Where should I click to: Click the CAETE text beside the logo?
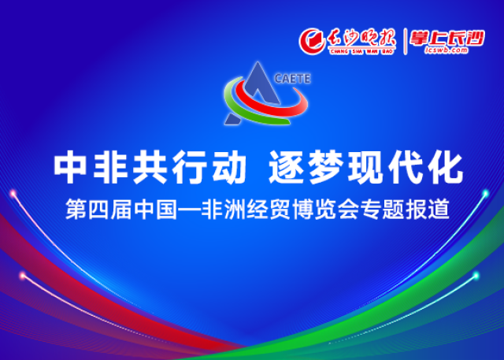(292, 79)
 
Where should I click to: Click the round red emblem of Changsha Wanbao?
(312, 41)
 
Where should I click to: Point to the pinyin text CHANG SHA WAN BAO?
(361, 52)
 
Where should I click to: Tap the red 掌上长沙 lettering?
(447, 39)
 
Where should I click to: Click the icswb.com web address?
(447, 50)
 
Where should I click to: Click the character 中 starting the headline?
(70, 167)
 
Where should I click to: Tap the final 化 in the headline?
(445, 167)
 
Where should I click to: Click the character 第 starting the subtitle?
(76, 210)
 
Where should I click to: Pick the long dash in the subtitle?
(189, 210)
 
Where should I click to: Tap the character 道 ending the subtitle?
(439, 210)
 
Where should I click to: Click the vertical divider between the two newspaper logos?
(405, 42)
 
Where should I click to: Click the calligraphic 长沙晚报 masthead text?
(361, 39)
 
